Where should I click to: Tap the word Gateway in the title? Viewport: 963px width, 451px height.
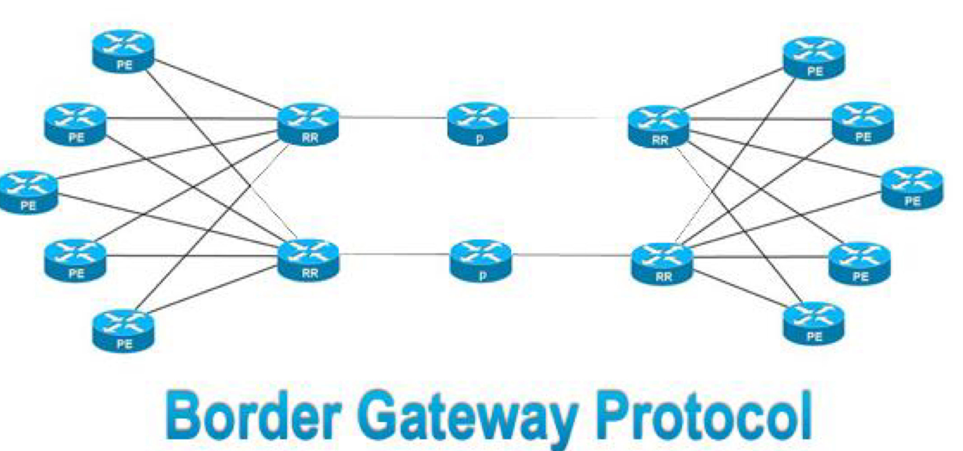pyautogui.click(x=469, y=417)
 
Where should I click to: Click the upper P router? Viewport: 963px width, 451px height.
pyautogui.click(x=478, y=124)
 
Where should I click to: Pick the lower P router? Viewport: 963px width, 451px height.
pyautogui.click(x=481, y=261)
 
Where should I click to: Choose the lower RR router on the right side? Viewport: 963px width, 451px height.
pyautogui.click(x=662, y=263)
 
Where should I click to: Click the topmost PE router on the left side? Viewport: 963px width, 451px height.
pyautogui.click(x=123, y=51)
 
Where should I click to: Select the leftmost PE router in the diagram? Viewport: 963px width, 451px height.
pyautogui.click(x=28, y=193)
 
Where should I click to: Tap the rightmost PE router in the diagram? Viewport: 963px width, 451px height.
pyautogui.click(x=912, y=188)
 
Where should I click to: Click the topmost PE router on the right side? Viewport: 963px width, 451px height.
pyautogui.click(x=814, y=57)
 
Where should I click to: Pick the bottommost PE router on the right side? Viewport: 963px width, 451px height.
pyautogui.click(x=814, y=323)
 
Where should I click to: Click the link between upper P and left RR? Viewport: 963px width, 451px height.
pyautogui.click(x=393, y=118)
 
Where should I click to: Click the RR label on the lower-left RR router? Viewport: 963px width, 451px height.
pyautogui.click(x=310, y=273)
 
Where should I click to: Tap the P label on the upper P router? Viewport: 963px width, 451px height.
pyautogui.click(x=479, y=139)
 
